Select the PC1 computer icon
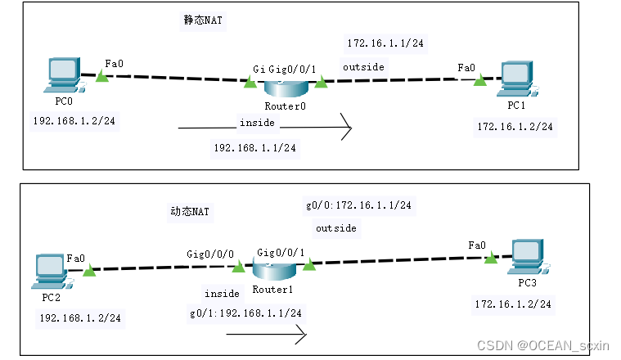tap(514, 78)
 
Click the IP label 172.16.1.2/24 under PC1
tap(515, 126)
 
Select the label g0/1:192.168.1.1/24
tap(245, 313)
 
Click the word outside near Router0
tap(363, 67)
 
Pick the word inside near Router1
tap(222, 293)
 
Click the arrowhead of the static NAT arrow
tap(348, 128)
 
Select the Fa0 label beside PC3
tap(477, 245)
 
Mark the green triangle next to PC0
tap(101, 76)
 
